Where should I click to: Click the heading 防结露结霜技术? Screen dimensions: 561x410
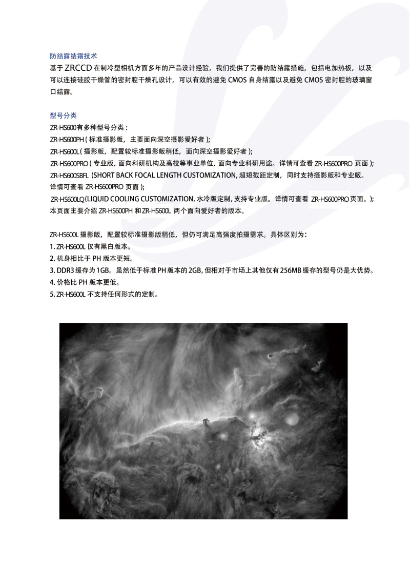[73, 55]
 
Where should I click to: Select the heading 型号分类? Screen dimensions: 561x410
[63, 115]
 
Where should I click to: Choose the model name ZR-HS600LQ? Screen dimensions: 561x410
[67, 199]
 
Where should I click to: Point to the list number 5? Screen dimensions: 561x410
[52, 294]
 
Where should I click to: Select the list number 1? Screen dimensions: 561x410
[52, 246]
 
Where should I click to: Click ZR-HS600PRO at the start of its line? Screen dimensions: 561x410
[70, 163]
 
